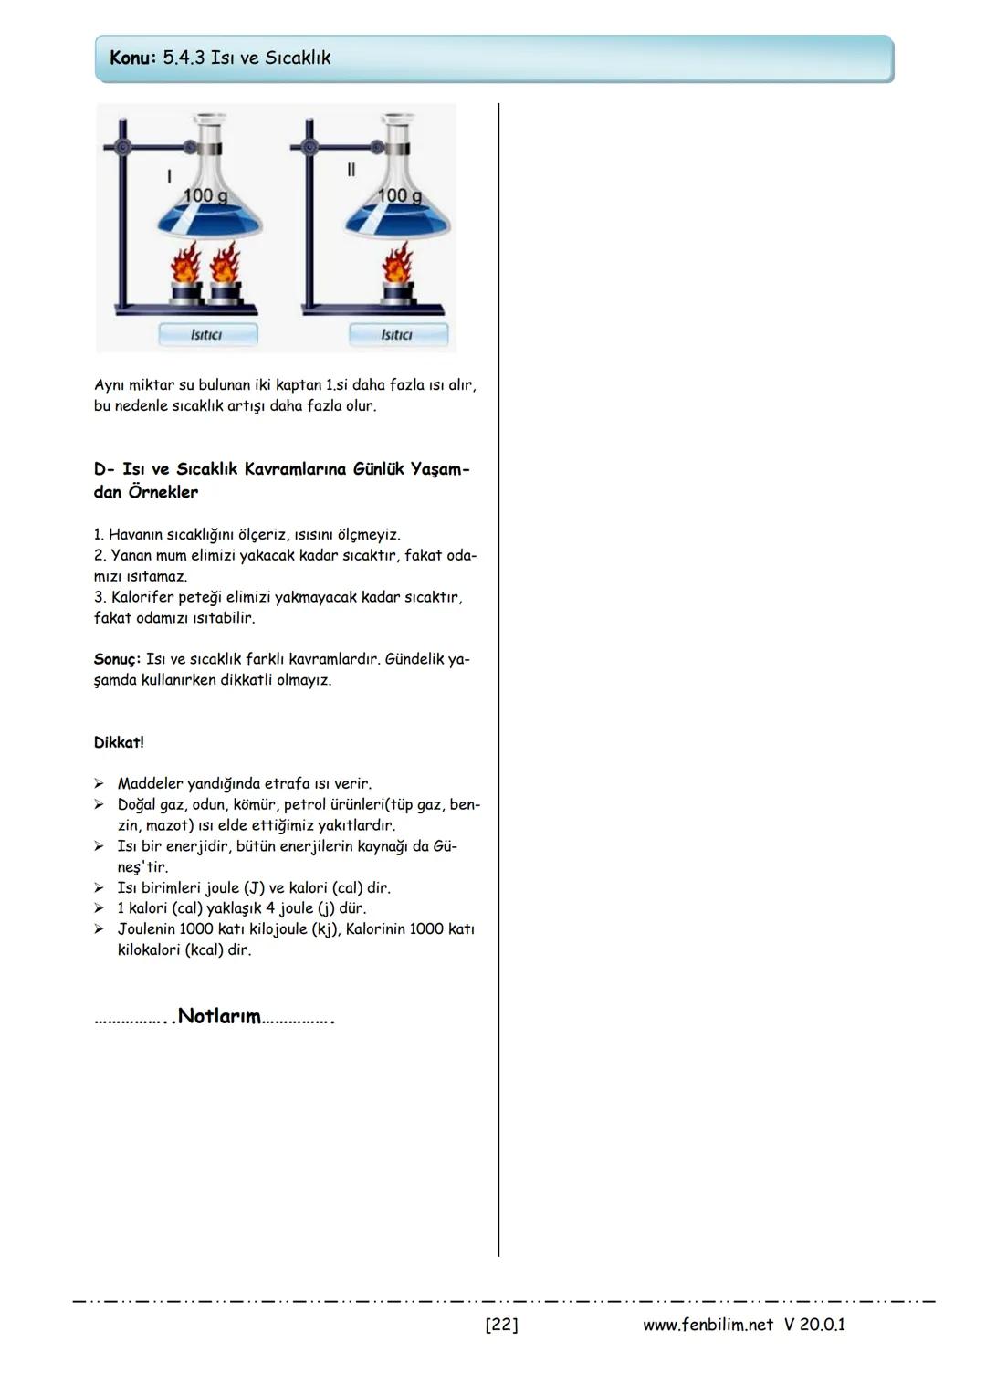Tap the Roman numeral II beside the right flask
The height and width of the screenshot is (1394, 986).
point(351,171)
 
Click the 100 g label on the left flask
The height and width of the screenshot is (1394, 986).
point(205,195)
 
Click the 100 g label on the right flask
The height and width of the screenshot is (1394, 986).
point(400,195)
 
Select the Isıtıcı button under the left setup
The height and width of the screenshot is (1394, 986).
point(207,335)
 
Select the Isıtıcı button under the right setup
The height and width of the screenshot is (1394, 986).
point(397,335)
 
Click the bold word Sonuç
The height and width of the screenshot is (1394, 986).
point(117,659)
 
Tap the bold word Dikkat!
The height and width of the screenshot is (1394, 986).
point(119,742)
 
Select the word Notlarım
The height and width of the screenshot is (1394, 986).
point(219,1016)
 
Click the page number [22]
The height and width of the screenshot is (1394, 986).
point(501,1325)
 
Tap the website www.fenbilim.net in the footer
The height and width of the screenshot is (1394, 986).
point(708,1325)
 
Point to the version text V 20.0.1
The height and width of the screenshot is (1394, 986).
point(814,1325)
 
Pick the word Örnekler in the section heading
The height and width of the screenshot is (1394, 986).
point(163,492)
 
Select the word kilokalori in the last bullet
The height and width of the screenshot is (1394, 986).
point(149,950)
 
